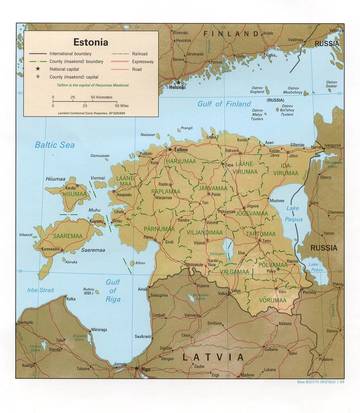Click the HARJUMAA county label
pyautogui.click(x=181, y=160)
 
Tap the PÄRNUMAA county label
pyautogui.click(x=159, y=227)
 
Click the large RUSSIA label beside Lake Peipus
pyautogui.click(x=322, y=247)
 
